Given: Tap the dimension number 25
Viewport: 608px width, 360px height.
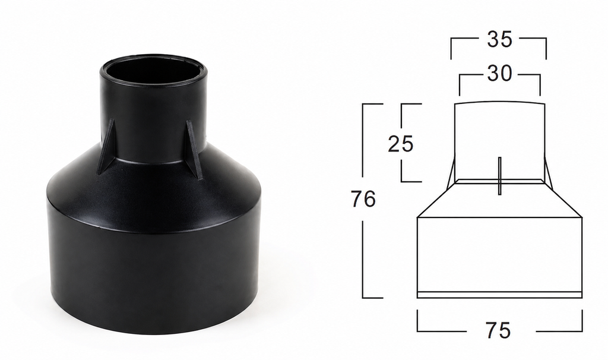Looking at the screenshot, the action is pyautogui.click(x=401, y=144).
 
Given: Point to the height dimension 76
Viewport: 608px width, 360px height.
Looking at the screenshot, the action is pyautogui.click(x=363, y=198).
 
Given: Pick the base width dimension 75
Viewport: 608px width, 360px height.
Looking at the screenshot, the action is pyautogui.click(x=498, y=330).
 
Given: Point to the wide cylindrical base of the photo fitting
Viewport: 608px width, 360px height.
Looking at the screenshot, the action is pyautogui.click(x=153, y=279).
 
